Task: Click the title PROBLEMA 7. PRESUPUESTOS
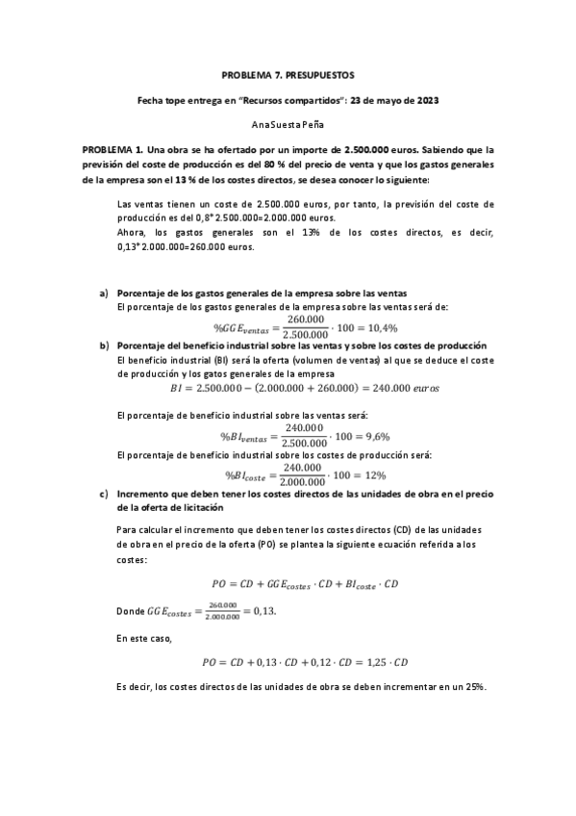point(288,74)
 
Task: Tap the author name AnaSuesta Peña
point(288,125)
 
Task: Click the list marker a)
point(103,293)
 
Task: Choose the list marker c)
point(103,494)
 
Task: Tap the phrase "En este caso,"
point(146,637)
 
